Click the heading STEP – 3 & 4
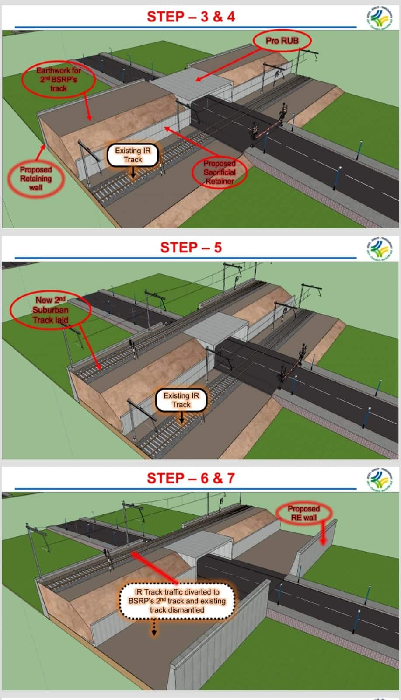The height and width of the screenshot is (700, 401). (x=191, y=17)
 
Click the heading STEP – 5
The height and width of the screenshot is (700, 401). (x=191, y=248)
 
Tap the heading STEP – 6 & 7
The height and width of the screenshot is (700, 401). (x=191, y=479)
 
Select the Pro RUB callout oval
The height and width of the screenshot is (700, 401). (x=282, y=41)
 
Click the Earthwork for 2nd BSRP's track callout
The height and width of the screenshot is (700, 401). (x=59, y=79)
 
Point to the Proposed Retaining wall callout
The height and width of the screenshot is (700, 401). (x=36, y=178)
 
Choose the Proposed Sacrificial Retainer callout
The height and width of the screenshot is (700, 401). (x=219, y=172)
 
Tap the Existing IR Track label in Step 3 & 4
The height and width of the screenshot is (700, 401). (x=133, y=155)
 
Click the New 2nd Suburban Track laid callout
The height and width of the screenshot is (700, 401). (x=50, y=310)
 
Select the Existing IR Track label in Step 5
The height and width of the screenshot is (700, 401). (x=181, y=400)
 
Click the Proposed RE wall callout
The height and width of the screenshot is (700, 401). (x=303, y=513)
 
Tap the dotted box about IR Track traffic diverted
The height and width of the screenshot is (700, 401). (x=177, y=601)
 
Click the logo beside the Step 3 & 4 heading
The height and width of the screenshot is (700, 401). (x=379, y=17)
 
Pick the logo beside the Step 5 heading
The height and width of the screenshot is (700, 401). (x=379, y=248)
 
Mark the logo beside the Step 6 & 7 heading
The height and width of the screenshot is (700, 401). (x=379, y=479)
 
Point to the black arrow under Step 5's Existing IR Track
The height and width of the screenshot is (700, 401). (x=181, y=417)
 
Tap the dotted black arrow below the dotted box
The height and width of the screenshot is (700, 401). (x=154, y=627)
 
